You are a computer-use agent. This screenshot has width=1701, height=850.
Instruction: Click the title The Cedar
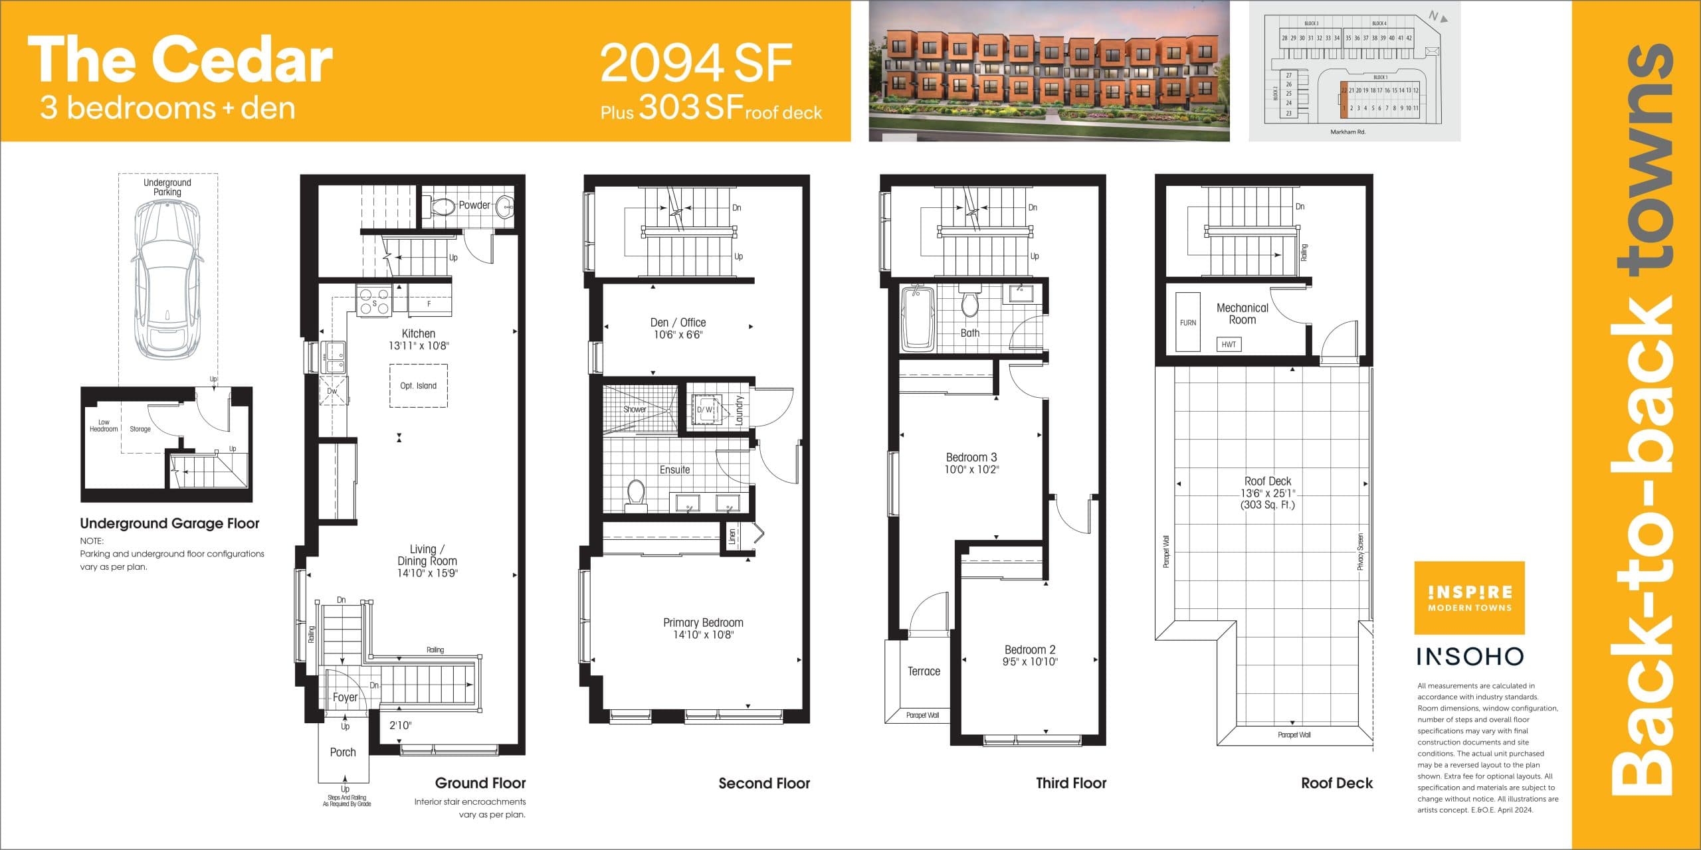179,60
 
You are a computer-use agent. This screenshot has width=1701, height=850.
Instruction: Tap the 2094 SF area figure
696,63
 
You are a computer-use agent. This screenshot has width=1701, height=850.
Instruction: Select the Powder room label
474,205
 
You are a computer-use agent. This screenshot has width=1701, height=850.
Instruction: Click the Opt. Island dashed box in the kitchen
418,385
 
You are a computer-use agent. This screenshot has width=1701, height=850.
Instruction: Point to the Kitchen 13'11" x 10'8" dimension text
419,345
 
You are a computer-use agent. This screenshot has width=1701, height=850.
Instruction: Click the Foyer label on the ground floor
345,697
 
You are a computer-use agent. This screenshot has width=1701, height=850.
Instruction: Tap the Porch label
343,752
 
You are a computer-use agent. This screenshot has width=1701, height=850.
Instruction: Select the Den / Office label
678,323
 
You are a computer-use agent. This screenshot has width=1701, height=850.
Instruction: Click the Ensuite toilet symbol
636,495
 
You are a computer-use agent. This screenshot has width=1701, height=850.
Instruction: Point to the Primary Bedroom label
703,623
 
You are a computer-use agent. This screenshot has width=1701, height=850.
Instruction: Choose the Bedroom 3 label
971,458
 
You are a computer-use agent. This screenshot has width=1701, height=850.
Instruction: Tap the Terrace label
924,671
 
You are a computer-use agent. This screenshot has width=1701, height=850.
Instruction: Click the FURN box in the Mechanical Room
1187,322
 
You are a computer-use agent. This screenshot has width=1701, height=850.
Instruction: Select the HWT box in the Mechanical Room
1229,344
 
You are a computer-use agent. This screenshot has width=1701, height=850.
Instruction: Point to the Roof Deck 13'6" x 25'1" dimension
1268,493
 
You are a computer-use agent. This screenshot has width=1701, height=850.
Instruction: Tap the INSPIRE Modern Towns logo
1469,598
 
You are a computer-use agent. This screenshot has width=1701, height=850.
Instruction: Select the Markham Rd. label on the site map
1348,132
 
